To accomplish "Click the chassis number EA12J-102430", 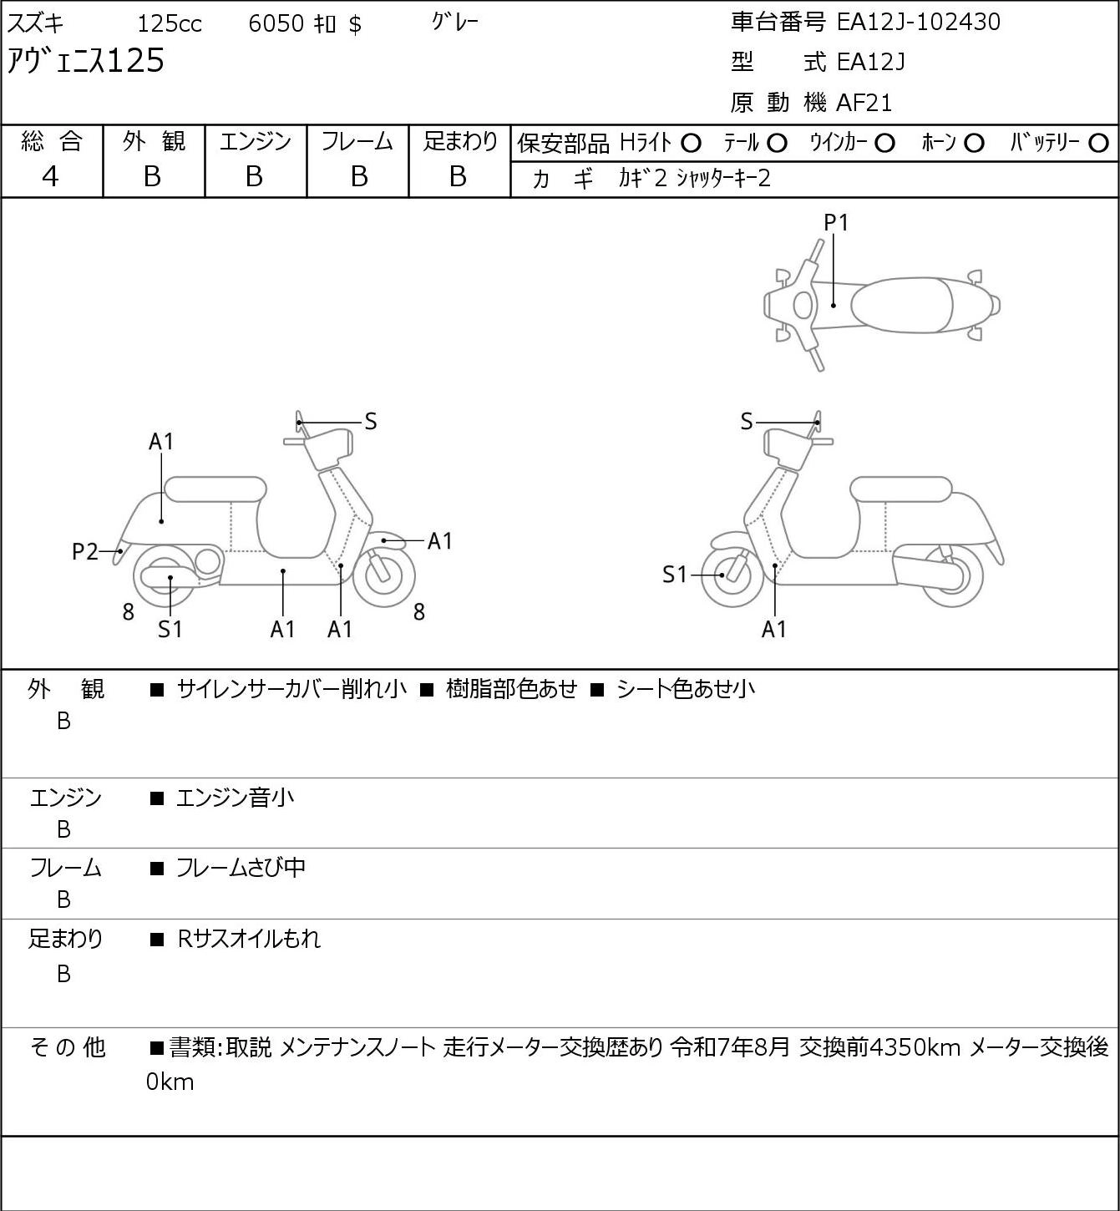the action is (x=918, y=23).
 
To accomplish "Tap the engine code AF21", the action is (x=864, y=103).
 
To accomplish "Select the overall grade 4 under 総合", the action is (x=50, y=177).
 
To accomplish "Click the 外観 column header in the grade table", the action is (x=154, y=141).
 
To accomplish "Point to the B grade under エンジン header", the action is (x=254, y=177).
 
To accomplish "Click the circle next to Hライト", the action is (x=691, y=144).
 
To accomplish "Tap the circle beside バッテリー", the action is (x=1098, y=144).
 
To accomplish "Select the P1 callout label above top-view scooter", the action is (x=836, y=223).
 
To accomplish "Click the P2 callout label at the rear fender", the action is (x=85, y=552).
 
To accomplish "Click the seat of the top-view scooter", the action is (x=901, y=305).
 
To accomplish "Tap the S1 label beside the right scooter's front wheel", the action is (x=675, y=575).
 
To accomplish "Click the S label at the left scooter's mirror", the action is (x=370, y=422).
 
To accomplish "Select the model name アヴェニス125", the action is (x=85, y=62).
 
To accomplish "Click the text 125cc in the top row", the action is (x=170, y=23).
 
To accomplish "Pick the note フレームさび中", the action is (x=241, y=868).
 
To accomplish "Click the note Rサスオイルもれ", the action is (x=248, y=939).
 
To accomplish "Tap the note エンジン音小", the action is (x=235, y=798).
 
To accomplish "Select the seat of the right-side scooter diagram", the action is (x=901, y=489).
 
